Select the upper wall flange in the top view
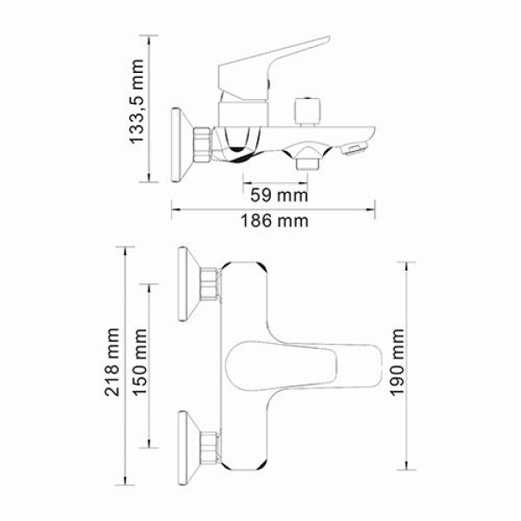point(186,282)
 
